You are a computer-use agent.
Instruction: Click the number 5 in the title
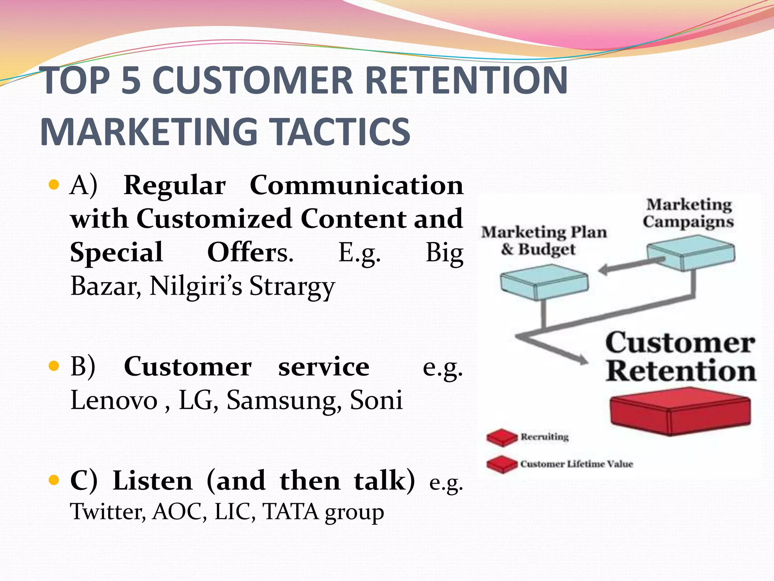(x=131, y=81)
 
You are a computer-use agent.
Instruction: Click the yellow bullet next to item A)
(x=54, y=185)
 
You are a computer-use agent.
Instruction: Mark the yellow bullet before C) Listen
(x=54, y=480)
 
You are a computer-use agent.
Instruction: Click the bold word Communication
(x=356, y=185)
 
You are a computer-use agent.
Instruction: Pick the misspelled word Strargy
(x=292, y=286)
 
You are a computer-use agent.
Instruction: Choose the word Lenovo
(x=114, y=400)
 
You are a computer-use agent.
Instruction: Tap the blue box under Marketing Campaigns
(x=691, y=252)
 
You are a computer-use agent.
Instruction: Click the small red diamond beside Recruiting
(x=502, y=437)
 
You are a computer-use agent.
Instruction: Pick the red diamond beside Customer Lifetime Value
(x=502, y=464)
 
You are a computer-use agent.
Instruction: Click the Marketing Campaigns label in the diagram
(x=688, y=213)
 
